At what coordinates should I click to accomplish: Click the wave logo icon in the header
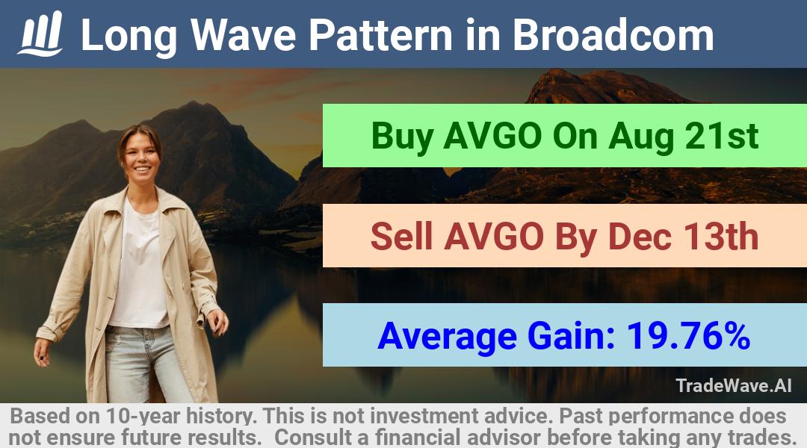coord(40,34)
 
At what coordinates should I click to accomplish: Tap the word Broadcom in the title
coord(613,35)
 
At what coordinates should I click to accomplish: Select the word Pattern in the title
coord(380,35)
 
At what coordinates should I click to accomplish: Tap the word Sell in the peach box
coord(401,236)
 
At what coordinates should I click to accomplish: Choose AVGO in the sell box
coord(494,236)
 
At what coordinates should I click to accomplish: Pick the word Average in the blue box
coord(447,337)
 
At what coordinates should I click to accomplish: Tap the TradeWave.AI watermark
coord(734,385)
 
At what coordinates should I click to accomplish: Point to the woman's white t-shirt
coord(138,267)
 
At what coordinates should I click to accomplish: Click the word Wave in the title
coord(244,35)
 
